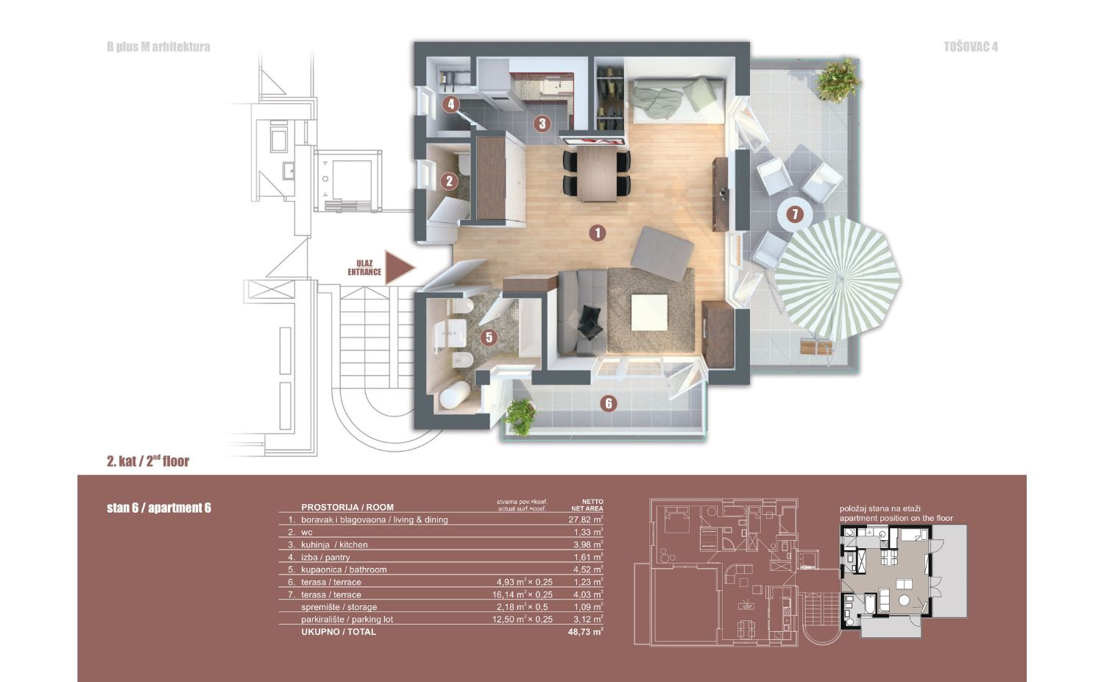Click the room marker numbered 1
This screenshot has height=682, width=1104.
[x=598, y=232]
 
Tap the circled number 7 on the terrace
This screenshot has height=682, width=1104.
[x=794, y=214]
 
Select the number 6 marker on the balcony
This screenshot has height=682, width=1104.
[x=609, y=404]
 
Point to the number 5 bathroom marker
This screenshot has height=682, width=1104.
[x=489, y=337]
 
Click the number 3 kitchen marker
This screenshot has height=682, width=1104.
[x=542, y=123]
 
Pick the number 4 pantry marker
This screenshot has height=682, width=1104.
[x=450, y=104]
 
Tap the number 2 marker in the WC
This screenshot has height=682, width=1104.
[x=449, y=181]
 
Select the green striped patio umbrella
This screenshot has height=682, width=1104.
[x=838, y=278]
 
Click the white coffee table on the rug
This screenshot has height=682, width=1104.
[x=650, y=313]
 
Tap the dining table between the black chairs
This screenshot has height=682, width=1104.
[x=597, y=173]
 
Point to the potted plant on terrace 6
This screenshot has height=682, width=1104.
[x=520, y=417]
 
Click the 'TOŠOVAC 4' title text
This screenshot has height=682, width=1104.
[x=971, y=47]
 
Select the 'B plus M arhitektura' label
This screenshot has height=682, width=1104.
[x=158, y=47]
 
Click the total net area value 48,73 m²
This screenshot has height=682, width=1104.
[x=586, y=631]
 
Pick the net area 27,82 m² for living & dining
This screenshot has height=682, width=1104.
[x=586, y=519]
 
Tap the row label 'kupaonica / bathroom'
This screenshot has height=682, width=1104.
[x=344, y=569]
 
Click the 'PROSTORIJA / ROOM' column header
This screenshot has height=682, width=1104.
[x=347, y=507]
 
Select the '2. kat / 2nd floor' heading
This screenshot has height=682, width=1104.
[x=148, y=461]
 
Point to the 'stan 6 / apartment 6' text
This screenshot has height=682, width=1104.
[x=159, y=508]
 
